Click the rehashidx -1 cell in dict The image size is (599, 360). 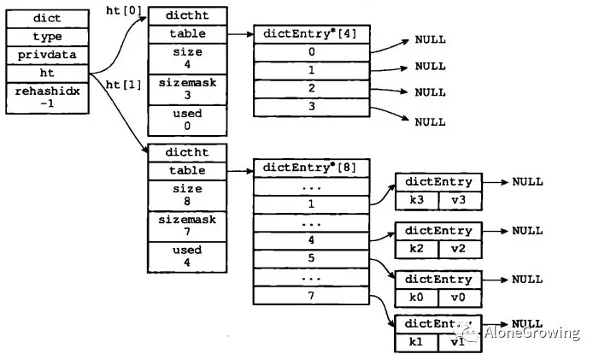[x=47, y=97]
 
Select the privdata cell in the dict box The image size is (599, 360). [x=47, y=56]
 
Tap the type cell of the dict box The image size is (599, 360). [x=47, y=37]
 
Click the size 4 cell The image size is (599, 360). [x=187, y=57]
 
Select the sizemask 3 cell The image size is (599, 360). [x=187, y=88]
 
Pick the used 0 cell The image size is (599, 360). [x=187, y=119]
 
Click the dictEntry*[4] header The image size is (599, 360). [x=311, y=33]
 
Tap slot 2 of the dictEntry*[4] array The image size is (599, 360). [x=311, y=88]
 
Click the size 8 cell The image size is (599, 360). [x=187, y=195]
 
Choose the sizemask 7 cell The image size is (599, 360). [x=187, y=226]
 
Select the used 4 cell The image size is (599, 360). [x=187, y=257]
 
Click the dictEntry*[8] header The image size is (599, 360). [x=311, y=167]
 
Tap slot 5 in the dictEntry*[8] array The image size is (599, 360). [x=311, y=257]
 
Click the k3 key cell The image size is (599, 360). [x=416, y=200]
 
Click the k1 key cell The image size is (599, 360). [x=416, y=342]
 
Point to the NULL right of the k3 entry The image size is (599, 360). [x=527, y=182]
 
